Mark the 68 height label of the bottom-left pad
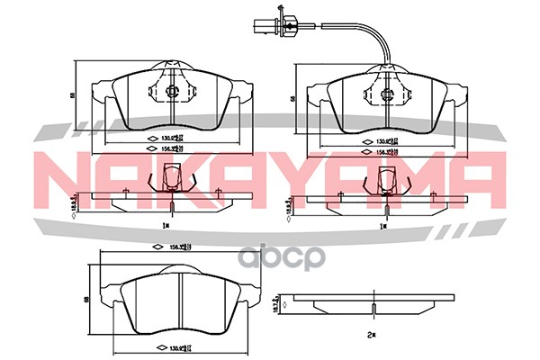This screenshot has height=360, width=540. click(x=85, y=301)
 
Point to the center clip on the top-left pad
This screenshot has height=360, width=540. click(x=173, y=90)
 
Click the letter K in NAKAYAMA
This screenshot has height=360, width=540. click(x=187, y=175)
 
